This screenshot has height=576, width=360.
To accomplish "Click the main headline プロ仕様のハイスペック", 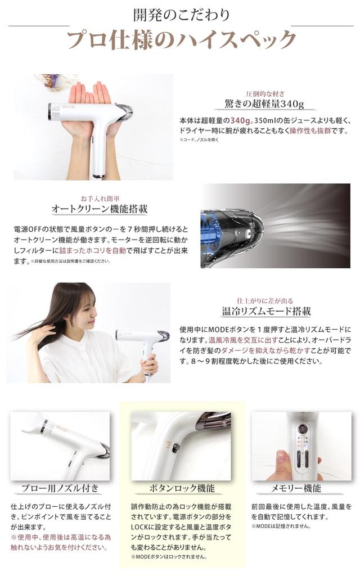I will tap(181, 40).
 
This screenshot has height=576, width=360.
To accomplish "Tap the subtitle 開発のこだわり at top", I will tap(181, 13).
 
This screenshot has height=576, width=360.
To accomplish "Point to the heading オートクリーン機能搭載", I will tap(100, 209).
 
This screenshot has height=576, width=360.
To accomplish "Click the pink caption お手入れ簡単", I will tap(100, 199).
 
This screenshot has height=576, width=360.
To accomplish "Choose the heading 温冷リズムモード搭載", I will tap(266, 311).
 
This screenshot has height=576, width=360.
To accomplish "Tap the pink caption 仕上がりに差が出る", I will tap(265, 301).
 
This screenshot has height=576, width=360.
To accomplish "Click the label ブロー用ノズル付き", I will tap(60, 488).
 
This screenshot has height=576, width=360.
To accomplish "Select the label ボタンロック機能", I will tap(181, 488).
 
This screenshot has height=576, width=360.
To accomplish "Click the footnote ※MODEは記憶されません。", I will tap(281, 527).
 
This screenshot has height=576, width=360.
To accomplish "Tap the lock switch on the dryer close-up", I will tap(176, 448).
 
